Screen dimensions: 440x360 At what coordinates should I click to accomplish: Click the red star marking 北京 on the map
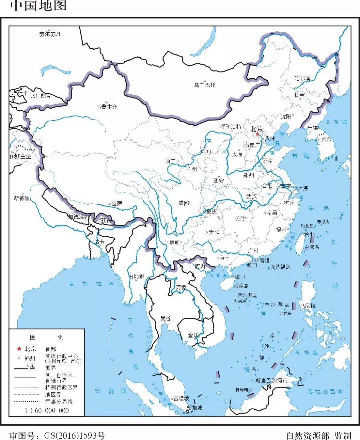[257, 134]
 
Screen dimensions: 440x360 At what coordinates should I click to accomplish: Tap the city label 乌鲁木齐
[107, 107]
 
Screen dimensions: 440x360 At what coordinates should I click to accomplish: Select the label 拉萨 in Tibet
[117, 203]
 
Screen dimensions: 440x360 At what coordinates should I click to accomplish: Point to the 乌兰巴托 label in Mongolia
[205, 85]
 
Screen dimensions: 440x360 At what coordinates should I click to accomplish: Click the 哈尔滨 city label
[302, 79]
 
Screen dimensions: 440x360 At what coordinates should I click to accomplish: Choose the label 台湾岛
[312, 247]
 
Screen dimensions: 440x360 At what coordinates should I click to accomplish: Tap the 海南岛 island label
[241, 286]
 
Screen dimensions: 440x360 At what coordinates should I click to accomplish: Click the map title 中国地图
[38, 6]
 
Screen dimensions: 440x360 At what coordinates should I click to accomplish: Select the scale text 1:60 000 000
[47, 410]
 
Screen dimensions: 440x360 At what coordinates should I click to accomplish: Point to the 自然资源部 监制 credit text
[319, 436]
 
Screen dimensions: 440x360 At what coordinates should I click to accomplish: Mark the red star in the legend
[19, 349]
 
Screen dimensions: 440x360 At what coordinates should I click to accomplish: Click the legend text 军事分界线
[59, 402]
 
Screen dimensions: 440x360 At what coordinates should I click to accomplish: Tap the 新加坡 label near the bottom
[194, 408]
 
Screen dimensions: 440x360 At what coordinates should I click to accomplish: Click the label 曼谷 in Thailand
[165, 318]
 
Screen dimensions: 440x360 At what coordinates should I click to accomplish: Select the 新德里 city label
[22, 198]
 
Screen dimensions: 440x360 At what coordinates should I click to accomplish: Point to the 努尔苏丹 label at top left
[50, 34]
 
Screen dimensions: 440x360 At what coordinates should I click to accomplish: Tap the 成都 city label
[184, 203]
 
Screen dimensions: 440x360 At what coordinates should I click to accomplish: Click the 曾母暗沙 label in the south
[244, 390]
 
